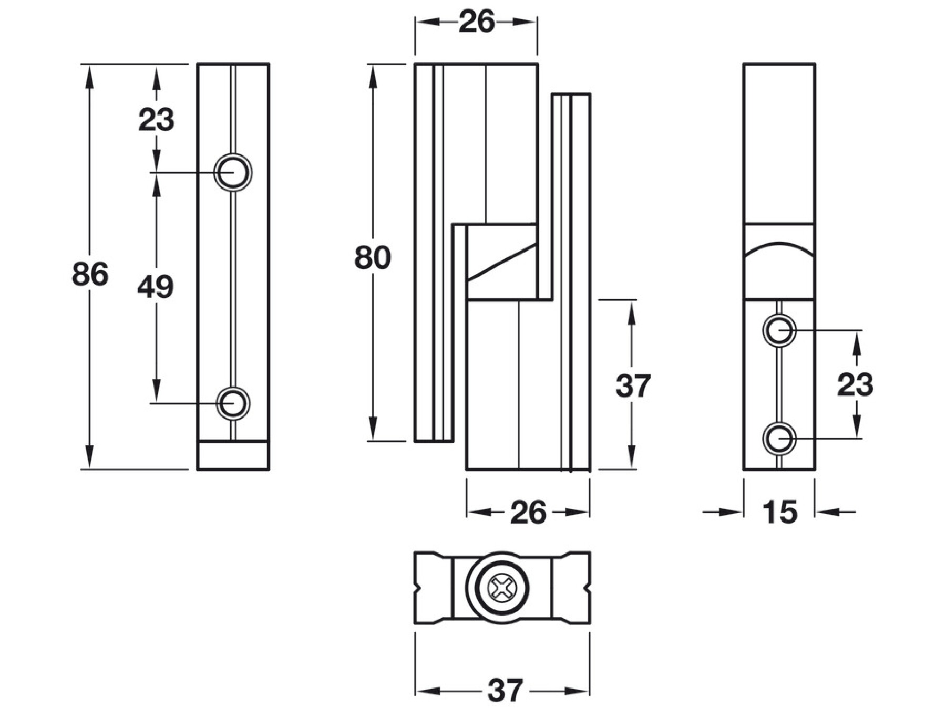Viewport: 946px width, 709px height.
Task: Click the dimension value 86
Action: (x=90, y=274)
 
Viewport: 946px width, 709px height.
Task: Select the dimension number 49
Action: (x=155, y=287)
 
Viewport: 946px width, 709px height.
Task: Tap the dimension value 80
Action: (x=373, y=258)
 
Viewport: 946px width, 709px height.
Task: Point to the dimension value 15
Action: (x=779, y=512)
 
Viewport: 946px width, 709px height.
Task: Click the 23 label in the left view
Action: (x=156, y=120)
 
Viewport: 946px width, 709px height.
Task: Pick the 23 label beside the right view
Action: (x=855, y=384)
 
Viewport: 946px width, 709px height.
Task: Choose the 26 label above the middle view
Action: (x=477, y=22)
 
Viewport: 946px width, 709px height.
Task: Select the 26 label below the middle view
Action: (x=528, y=513)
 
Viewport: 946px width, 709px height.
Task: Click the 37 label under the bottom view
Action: (x=506, y=691)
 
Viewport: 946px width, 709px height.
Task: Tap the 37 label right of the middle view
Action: (x=633, y=386)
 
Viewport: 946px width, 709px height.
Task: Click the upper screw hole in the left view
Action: (x=233, y=172)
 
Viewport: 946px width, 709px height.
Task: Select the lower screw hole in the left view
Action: (x=233, y=403)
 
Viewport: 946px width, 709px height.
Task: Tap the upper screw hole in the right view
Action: (x=779, y=330)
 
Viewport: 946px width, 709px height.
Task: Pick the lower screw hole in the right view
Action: (x=779, y=438)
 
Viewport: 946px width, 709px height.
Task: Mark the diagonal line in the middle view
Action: (x=502, y=261)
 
